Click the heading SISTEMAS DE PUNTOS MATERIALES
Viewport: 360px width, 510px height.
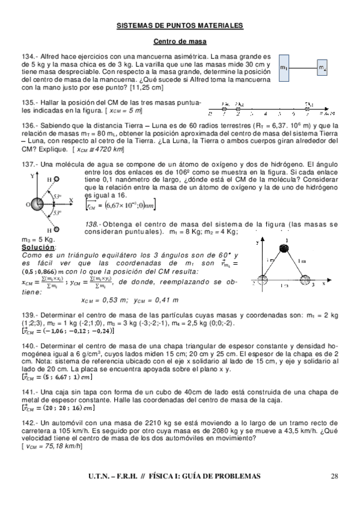(180, 26)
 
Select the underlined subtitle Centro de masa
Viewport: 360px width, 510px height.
(180, 42)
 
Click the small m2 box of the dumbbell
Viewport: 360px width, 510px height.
(323, 67)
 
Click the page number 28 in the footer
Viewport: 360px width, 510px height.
(335, 476)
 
